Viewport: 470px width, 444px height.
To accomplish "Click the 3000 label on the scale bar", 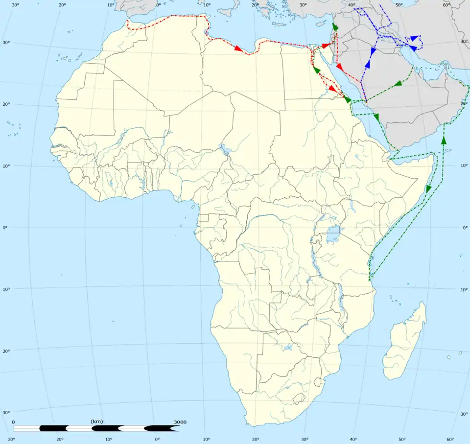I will tap(180, 422).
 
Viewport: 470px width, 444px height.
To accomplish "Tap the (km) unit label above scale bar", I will tap(96, 421).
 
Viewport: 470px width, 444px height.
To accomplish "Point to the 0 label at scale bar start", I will tap(13, 422).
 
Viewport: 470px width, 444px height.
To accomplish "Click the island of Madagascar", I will tap(404, 343).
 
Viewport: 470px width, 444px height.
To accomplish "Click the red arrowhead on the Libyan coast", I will tap(238, 48).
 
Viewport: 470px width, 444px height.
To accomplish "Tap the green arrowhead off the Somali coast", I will tap(429, 188).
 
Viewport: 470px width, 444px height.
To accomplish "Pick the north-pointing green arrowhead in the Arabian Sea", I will tap(444, 140).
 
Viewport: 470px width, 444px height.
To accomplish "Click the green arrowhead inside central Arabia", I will tap(398, 84).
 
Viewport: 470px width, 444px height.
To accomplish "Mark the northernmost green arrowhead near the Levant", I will tap(335, 27).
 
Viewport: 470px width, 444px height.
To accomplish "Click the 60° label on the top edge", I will tap(446, 5).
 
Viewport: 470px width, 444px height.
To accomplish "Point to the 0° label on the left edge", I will tap(5, 228).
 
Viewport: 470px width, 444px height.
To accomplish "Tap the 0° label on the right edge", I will tap(465, 228).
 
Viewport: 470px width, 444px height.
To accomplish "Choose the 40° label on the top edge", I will tap(352, 5).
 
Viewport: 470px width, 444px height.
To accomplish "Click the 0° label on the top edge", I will tap(158, 5).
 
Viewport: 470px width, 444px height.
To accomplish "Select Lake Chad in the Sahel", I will tap(225, 148).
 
